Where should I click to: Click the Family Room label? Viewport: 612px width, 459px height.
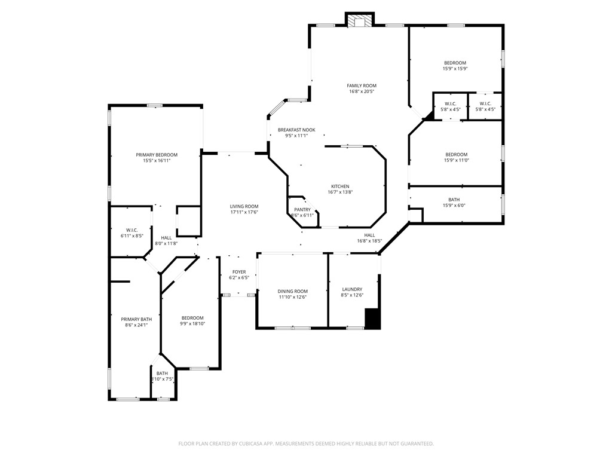[362, 85]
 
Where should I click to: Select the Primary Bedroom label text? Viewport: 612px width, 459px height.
[156, 155]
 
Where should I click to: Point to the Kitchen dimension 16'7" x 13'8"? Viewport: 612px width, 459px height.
[340, 192]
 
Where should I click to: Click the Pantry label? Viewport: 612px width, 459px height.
[302, 210]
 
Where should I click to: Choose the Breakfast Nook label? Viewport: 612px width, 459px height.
[296, 130]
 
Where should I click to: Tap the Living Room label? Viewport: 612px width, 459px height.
[244, 206]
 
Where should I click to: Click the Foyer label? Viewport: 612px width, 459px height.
[238, 272]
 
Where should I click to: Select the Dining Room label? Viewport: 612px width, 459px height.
[292, 291]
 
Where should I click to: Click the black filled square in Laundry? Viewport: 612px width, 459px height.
[372, 318]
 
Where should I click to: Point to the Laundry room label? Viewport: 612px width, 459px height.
[352, 289]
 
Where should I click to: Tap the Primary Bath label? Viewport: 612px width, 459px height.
[136, 319]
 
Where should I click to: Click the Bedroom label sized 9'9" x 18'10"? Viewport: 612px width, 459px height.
[192, 318]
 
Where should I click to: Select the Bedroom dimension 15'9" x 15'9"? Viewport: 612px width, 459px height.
[455, 69]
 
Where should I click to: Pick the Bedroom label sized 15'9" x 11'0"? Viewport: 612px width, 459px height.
[456, 154]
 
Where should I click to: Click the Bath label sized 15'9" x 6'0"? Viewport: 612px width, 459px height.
[454, 200]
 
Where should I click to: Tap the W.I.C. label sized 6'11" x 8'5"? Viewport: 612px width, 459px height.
[131, 230]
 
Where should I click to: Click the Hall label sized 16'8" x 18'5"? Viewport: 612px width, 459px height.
[369, 235]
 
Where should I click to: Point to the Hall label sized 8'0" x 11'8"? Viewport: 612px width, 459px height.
[166, 237]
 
